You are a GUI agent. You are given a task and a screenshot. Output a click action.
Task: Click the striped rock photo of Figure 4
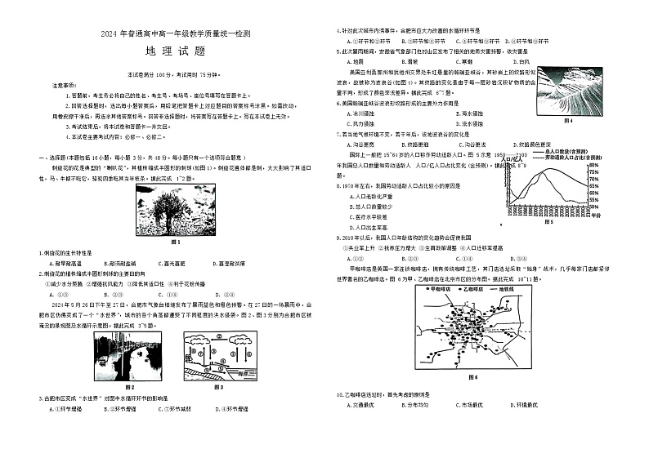(569, 91)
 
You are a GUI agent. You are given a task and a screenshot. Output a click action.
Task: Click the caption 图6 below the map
(472, 378)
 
